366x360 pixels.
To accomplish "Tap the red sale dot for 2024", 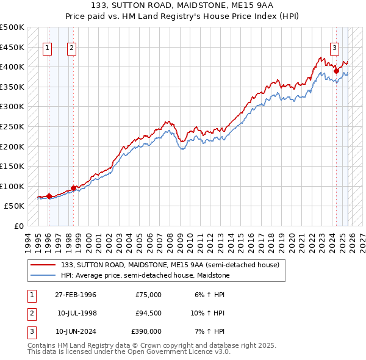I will (x=336, y=71).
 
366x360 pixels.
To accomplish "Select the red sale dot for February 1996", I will (x=49, y=196).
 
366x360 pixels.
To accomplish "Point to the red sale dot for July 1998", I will (x=73, y=188).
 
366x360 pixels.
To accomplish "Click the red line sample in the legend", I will (x=43, y=265).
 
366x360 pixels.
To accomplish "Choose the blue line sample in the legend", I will (x=43, y=275).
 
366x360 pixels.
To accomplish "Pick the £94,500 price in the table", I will (x=148, y=313).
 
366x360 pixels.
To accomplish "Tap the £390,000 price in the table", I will (x=146, y=331).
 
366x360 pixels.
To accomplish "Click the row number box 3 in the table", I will (x=30, y=332).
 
